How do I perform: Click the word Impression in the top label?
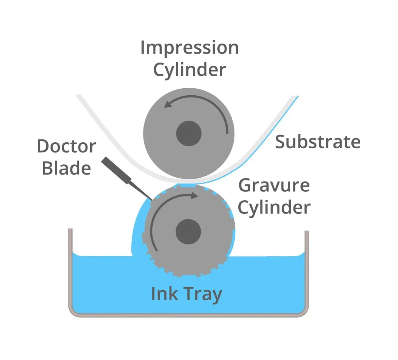point(189,48)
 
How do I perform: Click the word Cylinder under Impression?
point(189,70)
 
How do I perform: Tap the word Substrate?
point(318,142)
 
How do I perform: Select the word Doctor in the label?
point(66,147)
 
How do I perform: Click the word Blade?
point(66,168)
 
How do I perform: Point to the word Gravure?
point(274,186)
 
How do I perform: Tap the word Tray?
point(202,295)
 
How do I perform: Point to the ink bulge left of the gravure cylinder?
point(138,229)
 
